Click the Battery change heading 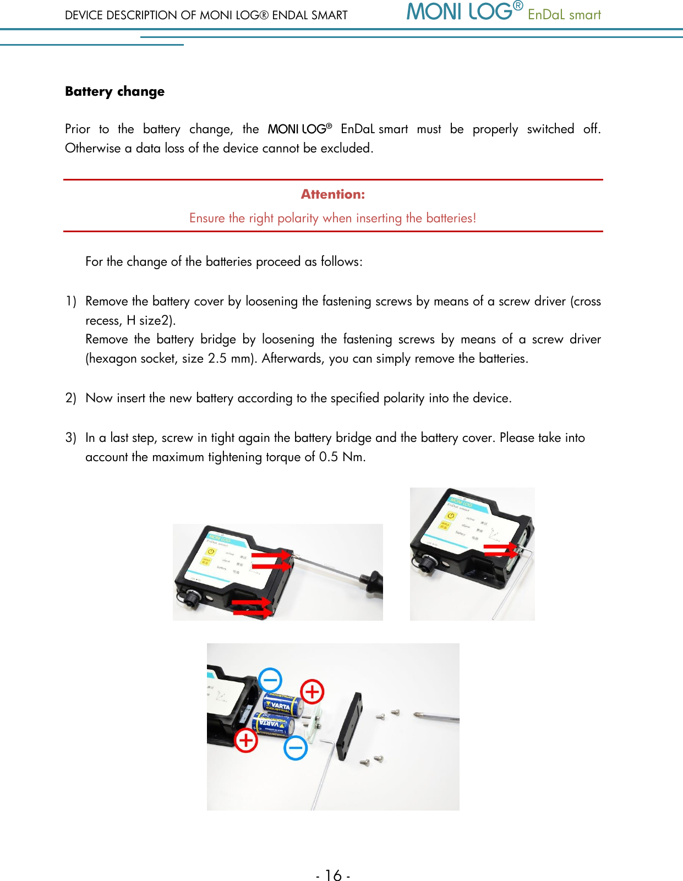[114, 91]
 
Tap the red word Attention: [332, 194]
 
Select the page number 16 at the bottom [333, 875]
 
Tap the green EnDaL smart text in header [564, 15]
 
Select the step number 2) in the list [70, 398]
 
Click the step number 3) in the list [70, 437]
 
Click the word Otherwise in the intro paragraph [92, 148]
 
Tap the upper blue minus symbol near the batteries [270, 680]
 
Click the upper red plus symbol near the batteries [312, 691]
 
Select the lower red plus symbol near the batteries [246, 740]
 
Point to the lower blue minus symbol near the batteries [296, 748]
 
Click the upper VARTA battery [283, 705]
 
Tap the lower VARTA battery [273, 725]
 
